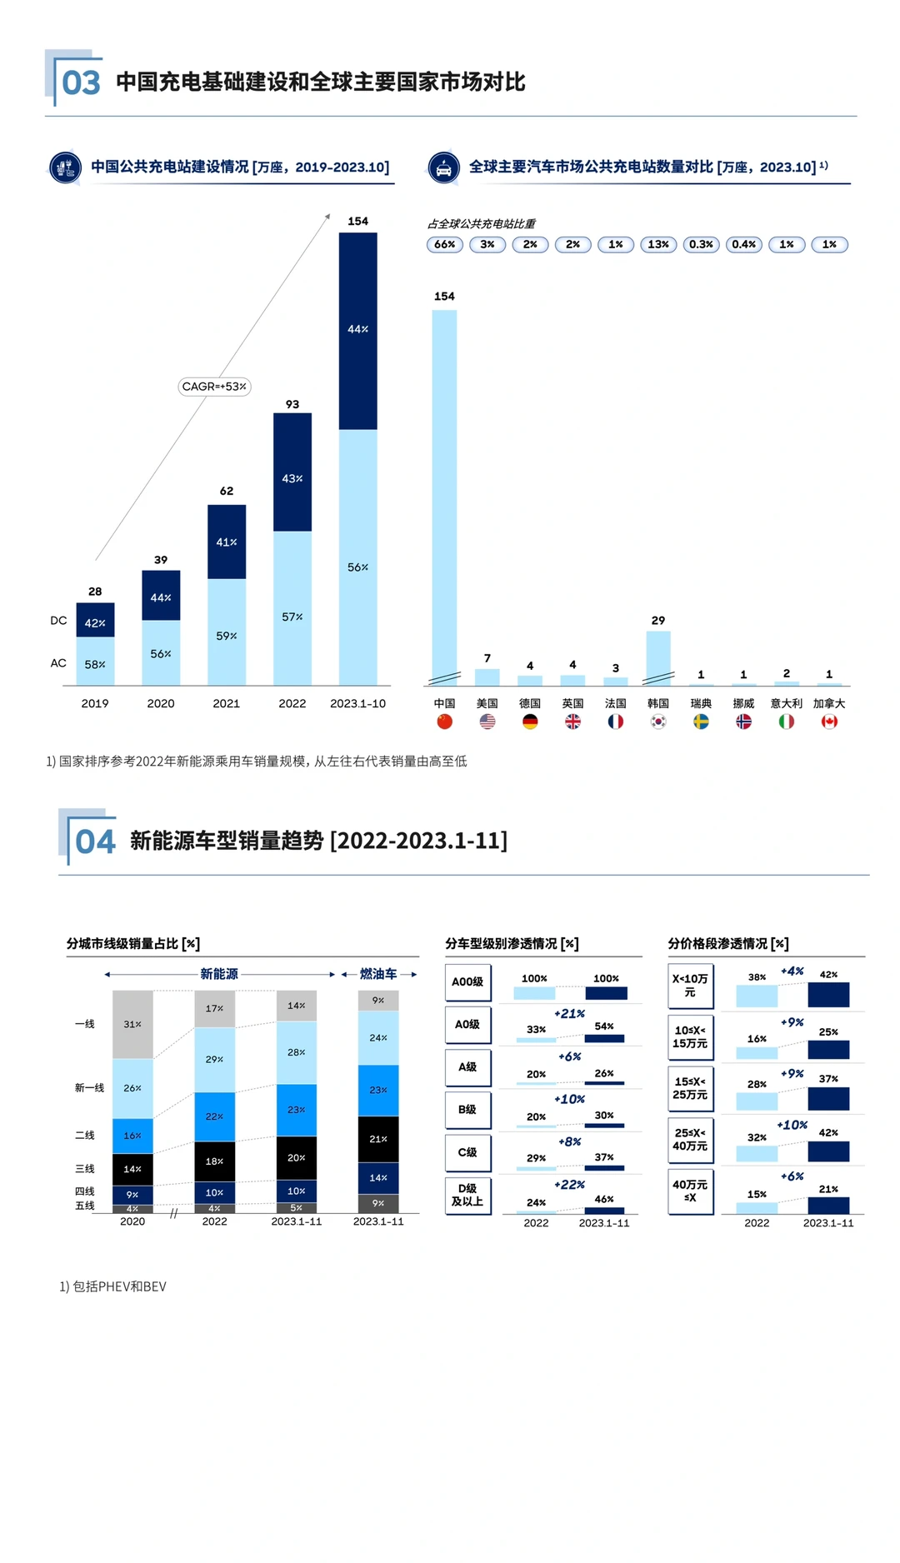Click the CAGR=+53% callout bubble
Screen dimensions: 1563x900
215,387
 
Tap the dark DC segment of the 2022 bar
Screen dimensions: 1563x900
292,472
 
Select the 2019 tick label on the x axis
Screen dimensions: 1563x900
95,704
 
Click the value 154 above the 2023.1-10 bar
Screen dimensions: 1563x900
357,221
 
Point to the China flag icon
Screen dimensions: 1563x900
444,722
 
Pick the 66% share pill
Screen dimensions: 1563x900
445,244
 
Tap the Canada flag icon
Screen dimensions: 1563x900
829,722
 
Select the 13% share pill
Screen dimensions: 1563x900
658,244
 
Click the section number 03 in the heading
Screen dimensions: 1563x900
81,82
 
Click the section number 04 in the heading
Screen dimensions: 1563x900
95,841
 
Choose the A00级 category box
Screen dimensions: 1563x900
467,982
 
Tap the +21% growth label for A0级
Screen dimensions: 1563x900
570,1014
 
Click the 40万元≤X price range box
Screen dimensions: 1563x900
690,1191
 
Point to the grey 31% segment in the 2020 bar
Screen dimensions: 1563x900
132,1025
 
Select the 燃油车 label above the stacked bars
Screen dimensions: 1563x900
378,974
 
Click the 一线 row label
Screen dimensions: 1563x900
85,1024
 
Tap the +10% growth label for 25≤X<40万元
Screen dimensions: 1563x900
792,1125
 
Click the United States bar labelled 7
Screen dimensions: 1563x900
487,677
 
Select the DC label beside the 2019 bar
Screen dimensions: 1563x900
58,621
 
